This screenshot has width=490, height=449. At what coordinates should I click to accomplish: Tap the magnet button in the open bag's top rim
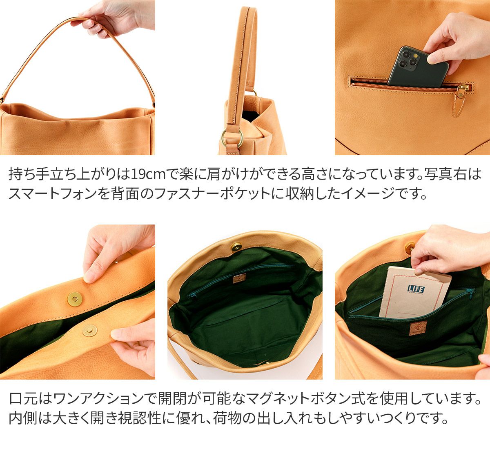point(236,247)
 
